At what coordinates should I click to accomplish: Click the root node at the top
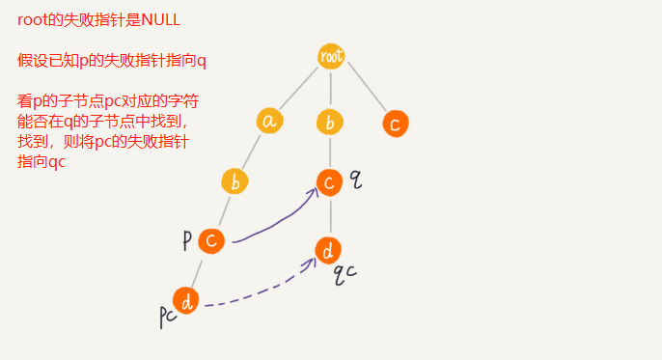coord(331,56)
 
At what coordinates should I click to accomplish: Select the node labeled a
coord(270,121)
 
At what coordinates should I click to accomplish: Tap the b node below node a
coord(234,181)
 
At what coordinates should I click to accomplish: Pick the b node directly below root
coord(331,122)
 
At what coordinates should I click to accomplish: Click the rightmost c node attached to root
coord(394,124)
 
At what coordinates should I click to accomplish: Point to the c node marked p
coord(211,240)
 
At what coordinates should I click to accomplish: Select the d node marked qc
coord(329,251)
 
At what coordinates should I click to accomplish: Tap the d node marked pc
coord(186,301)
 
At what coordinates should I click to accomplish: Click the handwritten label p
coord(187,240)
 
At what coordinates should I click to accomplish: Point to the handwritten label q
coord(355,179)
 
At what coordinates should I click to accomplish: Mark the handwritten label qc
coord(345,273)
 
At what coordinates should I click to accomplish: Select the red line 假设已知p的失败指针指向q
coord(112,61)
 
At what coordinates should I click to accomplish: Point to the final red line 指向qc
coord(41,162)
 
